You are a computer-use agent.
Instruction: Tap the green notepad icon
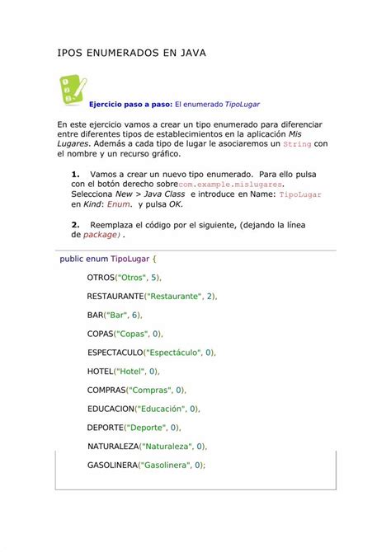71,89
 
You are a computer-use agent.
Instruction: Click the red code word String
296,143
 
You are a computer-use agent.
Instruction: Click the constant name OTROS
101,278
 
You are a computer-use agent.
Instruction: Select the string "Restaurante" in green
173,296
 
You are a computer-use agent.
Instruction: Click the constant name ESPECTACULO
115,353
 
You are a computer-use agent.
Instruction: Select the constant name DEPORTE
106,428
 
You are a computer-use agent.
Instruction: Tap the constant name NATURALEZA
112,446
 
